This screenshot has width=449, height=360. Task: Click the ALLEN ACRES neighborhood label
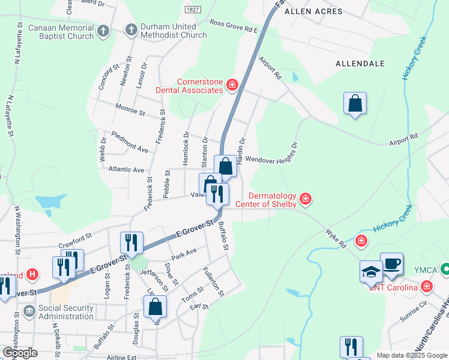(x=313, y=11)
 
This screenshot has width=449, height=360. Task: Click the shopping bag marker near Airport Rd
(x=355, y=103)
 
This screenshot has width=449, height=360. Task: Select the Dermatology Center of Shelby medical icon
(x=306, y=199)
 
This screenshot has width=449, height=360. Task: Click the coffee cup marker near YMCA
(x=391, y=265)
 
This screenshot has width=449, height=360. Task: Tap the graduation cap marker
(x=371, y=272)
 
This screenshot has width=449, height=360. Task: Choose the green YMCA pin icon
(x=445, y=268)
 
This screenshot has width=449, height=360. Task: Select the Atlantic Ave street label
(x=127, y=170)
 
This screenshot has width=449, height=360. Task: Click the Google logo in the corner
(x=19, y=352)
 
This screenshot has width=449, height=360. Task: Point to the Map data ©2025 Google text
(x=412, y=355)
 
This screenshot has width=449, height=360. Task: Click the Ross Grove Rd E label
(x=233, y=26)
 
